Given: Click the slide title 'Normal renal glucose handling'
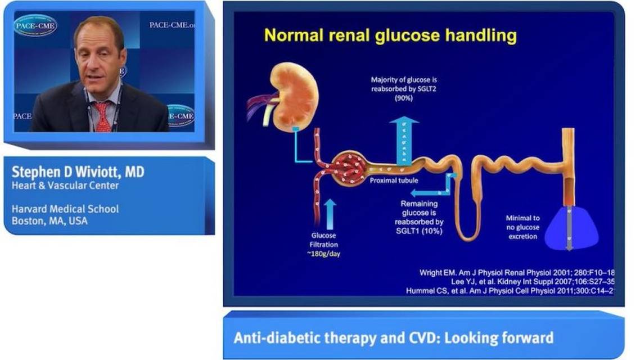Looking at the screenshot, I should click(x=390, y=36).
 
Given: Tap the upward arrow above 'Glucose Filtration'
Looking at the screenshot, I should click(x=330, y=214).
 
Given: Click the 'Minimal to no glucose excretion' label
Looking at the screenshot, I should click(x=522, y=227).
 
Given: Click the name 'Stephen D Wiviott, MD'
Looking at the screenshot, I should click(x=78, y=172).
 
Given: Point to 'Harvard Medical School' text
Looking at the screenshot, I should click(x=65, y=209).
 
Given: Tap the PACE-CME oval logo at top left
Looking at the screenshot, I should click(x=35, y=25).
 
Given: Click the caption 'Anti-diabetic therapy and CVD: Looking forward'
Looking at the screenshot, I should click(x=394, y=337).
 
